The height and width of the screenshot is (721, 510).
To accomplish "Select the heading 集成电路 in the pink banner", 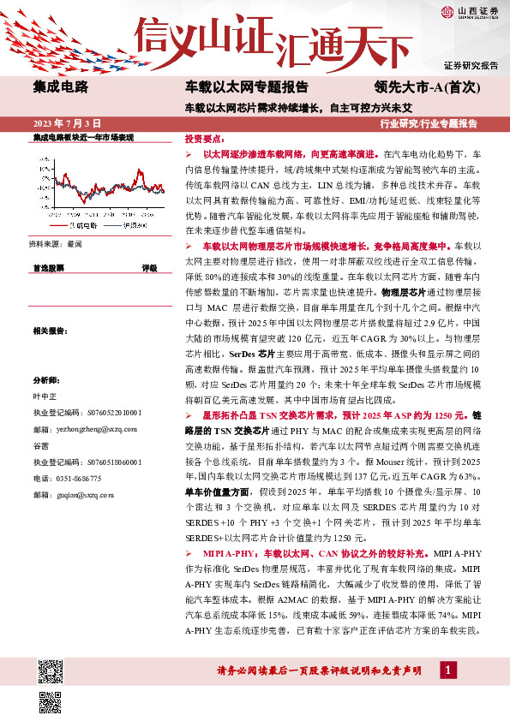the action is point(60,86).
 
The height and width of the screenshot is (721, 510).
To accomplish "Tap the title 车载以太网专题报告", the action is point(247,86).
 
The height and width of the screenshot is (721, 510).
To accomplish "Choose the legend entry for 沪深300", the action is point(126,226).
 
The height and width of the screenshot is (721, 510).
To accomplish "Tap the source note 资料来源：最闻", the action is point(57,244).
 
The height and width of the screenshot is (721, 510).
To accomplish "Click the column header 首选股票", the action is point(50,269).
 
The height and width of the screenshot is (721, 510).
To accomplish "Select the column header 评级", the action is point(149,269).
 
